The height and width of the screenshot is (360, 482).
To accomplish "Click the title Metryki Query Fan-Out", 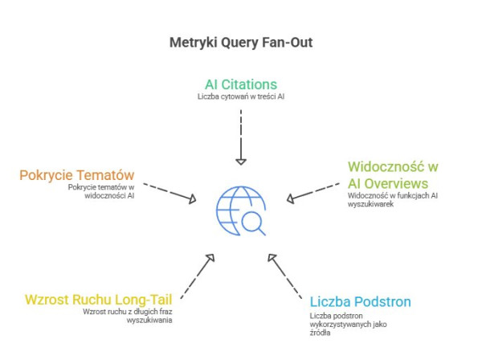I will coord(241,42).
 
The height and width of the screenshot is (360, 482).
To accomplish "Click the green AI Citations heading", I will coord(240,83).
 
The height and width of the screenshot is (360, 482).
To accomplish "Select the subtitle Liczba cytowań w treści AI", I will coord(240,96).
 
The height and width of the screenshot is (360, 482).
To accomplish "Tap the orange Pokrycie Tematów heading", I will coord(78,174).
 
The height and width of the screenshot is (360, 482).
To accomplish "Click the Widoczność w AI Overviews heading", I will coord(392,174).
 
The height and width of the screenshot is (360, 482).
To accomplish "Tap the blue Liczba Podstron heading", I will coord(360,302).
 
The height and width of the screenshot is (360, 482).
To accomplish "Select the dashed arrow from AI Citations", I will coord(240,133).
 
